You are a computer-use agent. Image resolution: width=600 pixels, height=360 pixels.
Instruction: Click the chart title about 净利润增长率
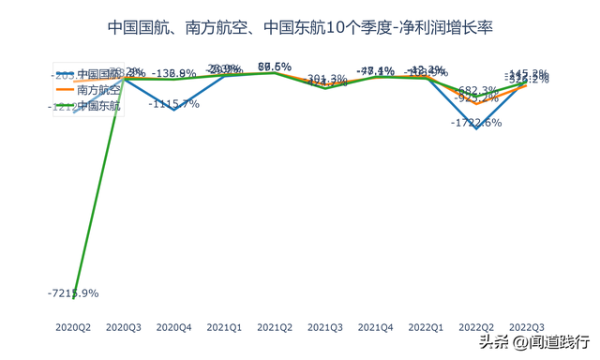(300, 29)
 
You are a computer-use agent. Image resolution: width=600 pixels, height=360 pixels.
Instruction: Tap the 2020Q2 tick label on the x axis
(73, 327)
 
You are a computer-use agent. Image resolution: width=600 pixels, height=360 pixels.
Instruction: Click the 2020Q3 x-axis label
(124, 327)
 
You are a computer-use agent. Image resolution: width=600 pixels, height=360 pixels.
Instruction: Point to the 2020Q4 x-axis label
(173, 327)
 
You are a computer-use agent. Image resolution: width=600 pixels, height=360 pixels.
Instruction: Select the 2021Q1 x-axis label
(224, 327)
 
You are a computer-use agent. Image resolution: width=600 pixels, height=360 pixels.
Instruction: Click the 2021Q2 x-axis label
(275, 327)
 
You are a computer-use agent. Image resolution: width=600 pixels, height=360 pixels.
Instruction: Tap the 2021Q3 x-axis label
(325, 327)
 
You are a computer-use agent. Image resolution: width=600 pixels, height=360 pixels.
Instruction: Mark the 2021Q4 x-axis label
(375, 327)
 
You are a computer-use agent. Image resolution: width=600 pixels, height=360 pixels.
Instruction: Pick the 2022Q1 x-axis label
(426, 327)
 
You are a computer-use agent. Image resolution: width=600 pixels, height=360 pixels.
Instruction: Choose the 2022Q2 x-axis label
(476, 327)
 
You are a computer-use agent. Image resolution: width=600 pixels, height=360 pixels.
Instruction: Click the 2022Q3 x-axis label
(526, 327)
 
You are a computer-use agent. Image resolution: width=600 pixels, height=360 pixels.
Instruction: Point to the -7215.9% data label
(73, 293)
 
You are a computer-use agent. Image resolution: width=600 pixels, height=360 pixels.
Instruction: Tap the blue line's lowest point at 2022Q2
(476, 128)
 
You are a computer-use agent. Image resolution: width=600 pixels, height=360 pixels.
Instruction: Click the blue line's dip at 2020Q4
(173, 111)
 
